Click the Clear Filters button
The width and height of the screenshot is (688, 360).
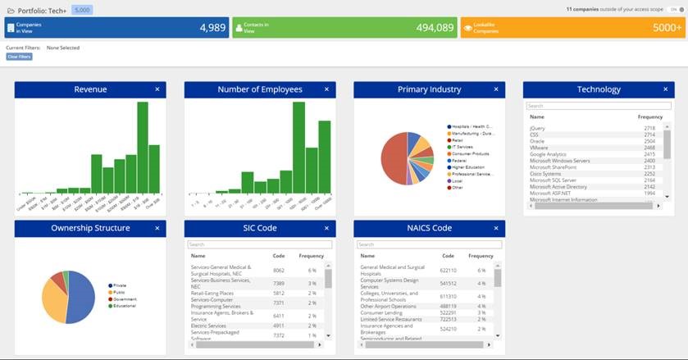pyautogui.click(x=19, y=57)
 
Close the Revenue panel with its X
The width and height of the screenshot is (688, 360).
pyautogui.click(x=157, y=89)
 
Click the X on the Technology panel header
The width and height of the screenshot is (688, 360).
pyautogui.click(x=666, y=89)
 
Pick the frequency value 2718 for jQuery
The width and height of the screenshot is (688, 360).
pyautogui.click(x=649, y=128)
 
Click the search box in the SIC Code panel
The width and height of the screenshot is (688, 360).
pyautogui.click(x=259, y=244)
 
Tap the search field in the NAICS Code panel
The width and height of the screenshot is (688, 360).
pyautogui.click(x=429, y=244)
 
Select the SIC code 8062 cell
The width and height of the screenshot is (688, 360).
pyautogui.click(x=279, y=270)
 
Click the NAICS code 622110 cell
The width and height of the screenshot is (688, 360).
pyautogui.click(x=448, y=270)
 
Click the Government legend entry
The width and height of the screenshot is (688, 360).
pyautogui.click(x=125, y=299)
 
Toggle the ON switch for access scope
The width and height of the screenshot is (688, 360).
pyautogui.click(x=671, y=10)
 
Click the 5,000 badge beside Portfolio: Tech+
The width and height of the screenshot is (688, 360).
pyautogui.click(x=81, y=10)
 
